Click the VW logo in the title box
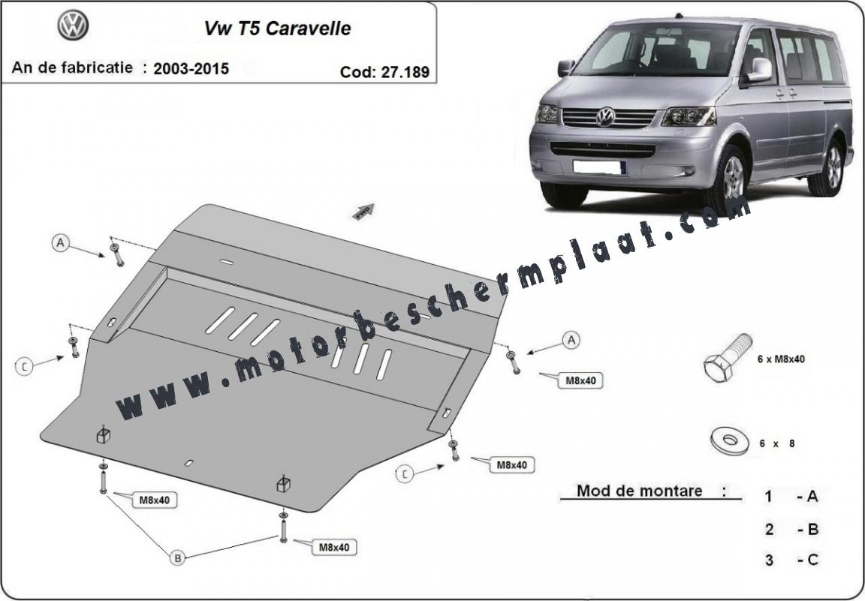pyautogui.click(x=73, y=26)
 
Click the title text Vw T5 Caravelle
pyautogui.click(x=278, y=29)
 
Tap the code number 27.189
pyautogui.click(x=405, y=72)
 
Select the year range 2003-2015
pyautogui.click(x=191, y=69)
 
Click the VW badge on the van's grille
pyautogui.click(x=605, y=117)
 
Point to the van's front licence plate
pyautogui.click(x=599, y=167)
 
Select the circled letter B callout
pyautogui.click(x=178, y=558)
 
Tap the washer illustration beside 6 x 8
pyautogui.click(x=729, y=440)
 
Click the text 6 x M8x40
pyautogui.click(x=781, y=359)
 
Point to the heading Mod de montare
pyautogui.click(x=640, y=490)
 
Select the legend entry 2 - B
pyautogui.click(x=791, y=529)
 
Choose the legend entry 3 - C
pyautogui.click(x=791, y=560)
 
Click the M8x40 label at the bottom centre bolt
pyautogui.click(x=333, y=548)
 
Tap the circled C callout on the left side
pyautogui.click(x=24, y=365)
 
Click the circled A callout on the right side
pyautogui.click(x=571, y=340)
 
